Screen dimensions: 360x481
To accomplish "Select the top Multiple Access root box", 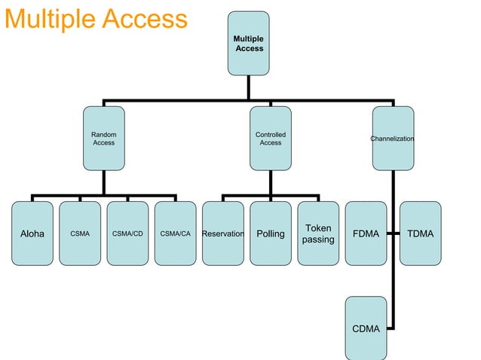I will click(248, 43).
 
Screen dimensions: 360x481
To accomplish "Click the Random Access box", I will click(103, 138).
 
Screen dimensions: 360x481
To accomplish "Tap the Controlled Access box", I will click(270, 138).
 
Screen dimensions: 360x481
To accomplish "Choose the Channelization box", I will click(392, 138).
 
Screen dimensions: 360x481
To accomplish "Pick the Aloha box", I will click(32, 233).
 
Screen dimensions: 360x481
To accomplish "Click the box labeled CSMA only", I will click(80, 233).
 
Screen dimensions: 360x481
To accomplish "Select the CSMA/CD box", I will click(127, 233).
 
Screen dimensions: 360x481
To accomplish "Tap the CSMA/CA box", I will click(175, 233).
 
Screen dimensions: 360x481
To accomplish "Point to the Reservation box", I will click(223, 233).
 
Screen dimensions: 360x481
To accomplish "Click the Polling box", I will click(271, 233).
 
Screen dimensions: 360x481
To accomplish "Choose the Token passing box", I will click(318, 233).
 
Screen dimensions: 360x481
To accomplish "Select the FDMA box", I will click(366, 233).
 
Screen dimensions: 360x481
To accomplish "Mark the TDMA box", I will click(420, 233).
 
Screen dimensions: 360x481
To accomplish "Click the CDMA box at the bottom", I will click(366, 328).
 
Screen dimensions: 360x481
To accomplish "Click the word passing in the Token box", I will click(318, 240).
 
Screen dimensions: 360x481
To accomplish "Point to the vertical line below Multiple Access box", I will click(248, 87).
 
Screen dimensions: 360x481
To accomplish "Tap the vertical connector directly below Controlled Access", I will click(270, 183).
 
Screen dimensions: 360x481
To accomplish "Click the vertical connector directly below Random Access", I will click(103, 183).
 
